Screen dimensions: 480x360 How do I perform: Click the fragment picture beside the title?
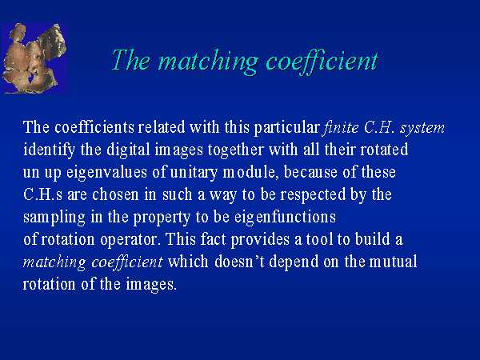[x=34, y=58]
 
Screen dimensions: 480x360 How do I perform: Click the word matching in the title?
[x=208, y=62]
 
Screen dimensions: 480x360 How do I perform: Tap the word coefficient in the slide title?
[x=322, y=62]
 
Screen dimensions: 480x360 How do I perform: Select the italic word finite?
[x=341, y=126]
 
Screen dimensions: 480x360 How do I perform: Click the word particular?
[x=287, y=127]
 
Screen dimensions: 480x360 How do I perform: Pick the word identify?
[x=49, y=150]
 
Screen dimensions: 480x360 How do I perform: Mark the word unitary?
[x=194, y=173]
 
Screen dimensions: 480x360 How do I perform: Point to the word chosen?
[x=115, y=194]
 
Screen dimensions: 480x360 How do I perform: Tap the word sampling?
[x=54, y=218]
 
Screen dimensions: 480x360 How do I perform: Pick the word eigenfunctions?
[x=286, y=218]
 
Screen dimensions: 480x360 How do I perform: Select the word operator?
[x=130, y=240]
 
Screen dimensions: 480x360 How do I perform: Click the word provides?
[x=260, y=239]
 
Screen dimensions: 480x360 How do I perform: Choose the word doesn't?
[x=239, y=262]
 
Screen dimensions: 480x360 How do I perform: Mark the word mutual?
[x=393, y=262]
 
